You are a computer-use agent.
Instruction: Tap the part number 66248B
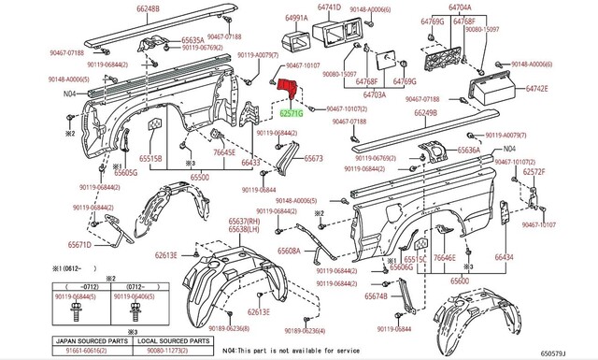coord(149,9)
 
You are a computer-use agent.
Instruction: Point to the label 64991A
coord(297,19)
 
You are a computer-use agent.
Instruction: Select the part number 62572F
coord(534,172)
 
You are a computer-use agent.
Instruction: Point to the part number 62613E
coord(166,254)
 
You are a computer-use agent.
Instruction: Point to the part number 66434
coord(530,256)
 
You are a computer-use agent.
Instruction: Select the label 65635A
coord(192,41)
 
